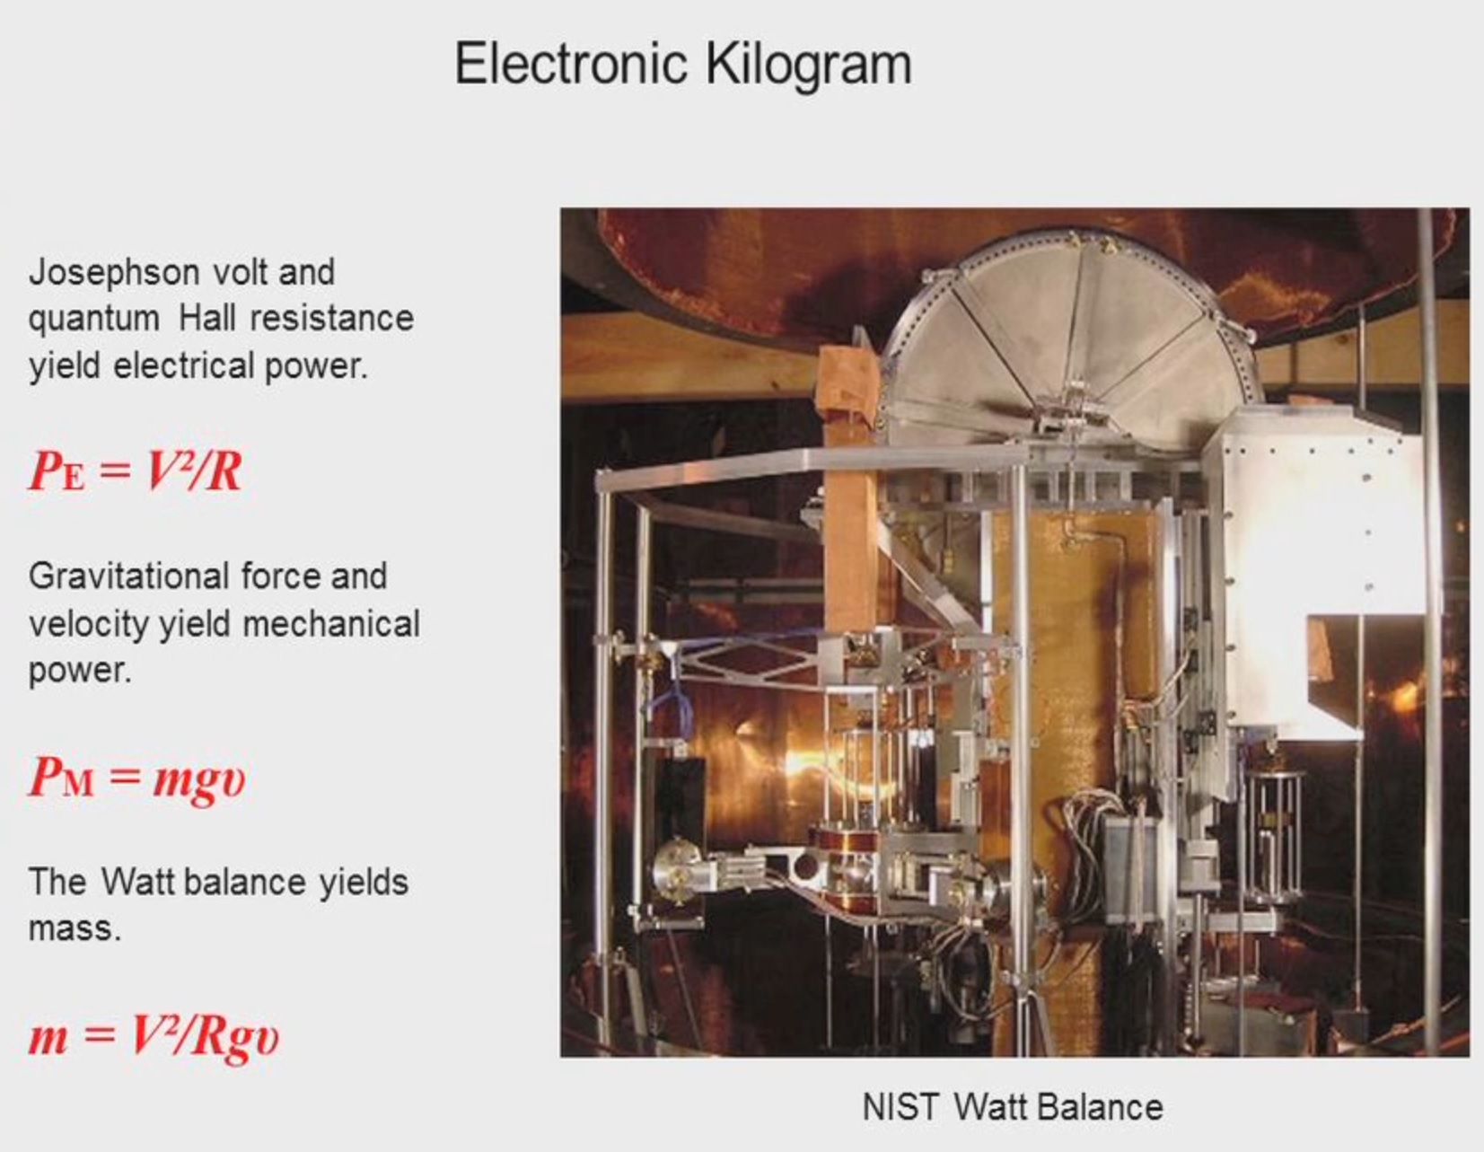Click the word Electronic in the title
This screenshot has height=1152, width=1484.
tap(571, 64)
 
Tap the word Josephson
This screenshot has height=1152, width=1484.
tap(114, 274)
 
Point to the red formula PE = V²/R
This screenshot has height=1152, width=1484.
tap(136, 470)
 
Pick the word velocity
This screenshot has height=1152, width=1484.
tap(89, 625)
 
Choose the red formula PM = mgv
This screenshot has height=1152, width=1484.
tap(136, 778)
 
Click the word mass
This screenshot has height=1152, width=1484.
tap(75, 929)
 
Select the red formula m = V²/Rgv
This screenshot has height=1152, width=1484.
tap(154, 1036)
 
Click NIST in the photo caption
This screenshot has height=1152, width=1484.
tap(900, 1107)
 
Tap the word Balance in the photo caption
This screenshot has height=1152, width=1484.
tap(1104, 1107)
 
